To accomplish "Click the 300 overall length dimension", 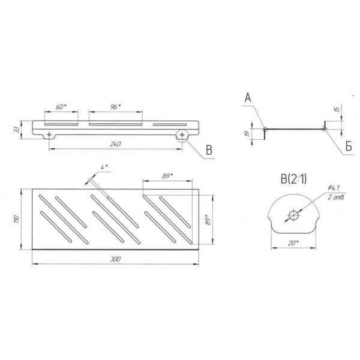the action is [x=115, y=259].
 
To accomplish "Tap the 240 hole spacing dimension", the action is [x=115, y=144].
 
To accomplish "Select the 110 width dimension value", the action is [x=16, y=219].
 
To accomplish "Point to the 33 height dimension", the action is [x=16, y=130].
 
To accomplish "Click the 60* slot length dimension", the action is [x=61, y=107].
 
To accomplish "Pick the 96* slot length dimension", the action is [x=115, y=107].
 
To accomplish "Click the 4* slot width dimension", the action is [x=104, y=167].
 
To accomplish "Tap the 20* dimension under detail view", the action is [x=293, y=243].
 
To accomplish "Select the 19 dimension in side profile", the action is [x=247, y=134].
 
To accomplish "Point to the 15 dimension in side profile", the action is [x=337, y=109].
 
